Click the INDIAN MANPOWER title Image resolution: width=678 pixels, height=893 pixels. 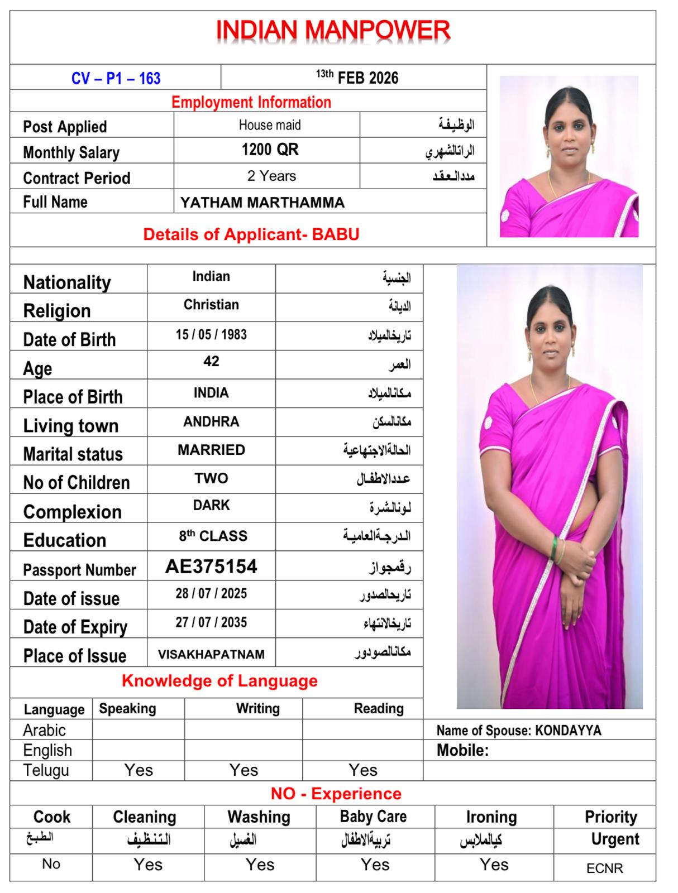(333, 31)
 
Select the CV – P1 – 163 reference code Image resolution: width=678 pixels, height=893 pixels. (116, 78)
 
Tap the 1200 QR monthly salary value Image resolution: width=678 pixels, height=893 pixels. (270, 150)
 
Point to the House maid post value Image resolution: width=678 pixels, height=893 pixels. (270, 125)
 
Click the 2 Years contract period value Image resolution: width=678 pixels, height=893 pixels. (271, 176)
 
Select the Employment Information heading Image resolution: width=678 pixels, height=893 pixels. (251, 102)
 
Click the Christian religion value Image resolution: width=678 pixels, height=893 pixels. (211, 305)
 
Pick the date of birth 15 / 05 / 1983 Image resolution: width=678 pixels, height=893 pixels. (211, 334)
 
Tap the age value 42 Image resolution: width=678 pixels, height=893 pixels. (211, 362)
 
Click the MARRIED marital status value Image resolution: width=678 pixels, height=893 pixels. (211, 450)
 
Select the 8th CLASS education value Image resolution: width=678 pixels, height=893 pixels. (213, 536)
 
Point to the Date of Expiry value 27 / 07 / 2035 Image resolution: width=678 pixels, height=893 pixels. (211, 622)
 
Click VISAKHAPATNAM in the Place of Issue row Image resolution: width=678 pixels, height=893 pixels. (211, 655)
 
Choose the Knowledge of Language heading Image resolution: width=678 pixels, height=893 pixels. (219, 681)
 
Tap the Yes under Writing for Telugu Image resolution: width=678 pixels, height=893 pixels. (243, 770)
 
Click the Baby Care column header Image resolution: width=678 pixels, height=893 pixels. (373, 817)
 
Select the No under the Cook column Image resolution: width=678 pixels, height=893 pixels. (51, 864)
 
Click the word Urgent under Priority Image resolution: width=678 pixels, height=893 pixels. (615, 839)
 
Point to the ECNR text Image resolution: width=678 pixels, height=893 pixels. (604, 868)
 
